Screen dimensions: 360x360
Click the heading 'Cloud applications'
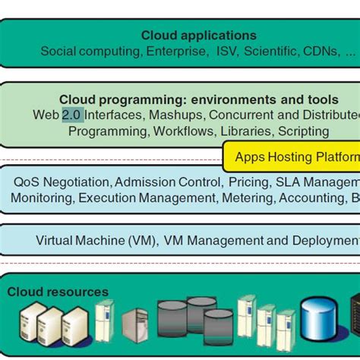pyautogui.click(x=198, y=35)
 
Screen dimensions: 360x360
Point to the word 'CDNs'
pyautogui.click(x=322, y=52)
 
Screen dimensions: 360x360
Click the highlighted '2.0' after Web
pyautogui.click(x=72, y=115)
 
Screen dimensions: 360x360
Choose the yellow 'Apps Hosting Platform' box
pyautogui.click(x=292, y=157)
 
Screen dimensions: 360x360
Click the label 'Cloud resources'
pyautogui.click(x=58, y=292)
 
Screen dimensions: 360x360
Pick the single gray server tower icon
pyautogui.click(x=134, y=327)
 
